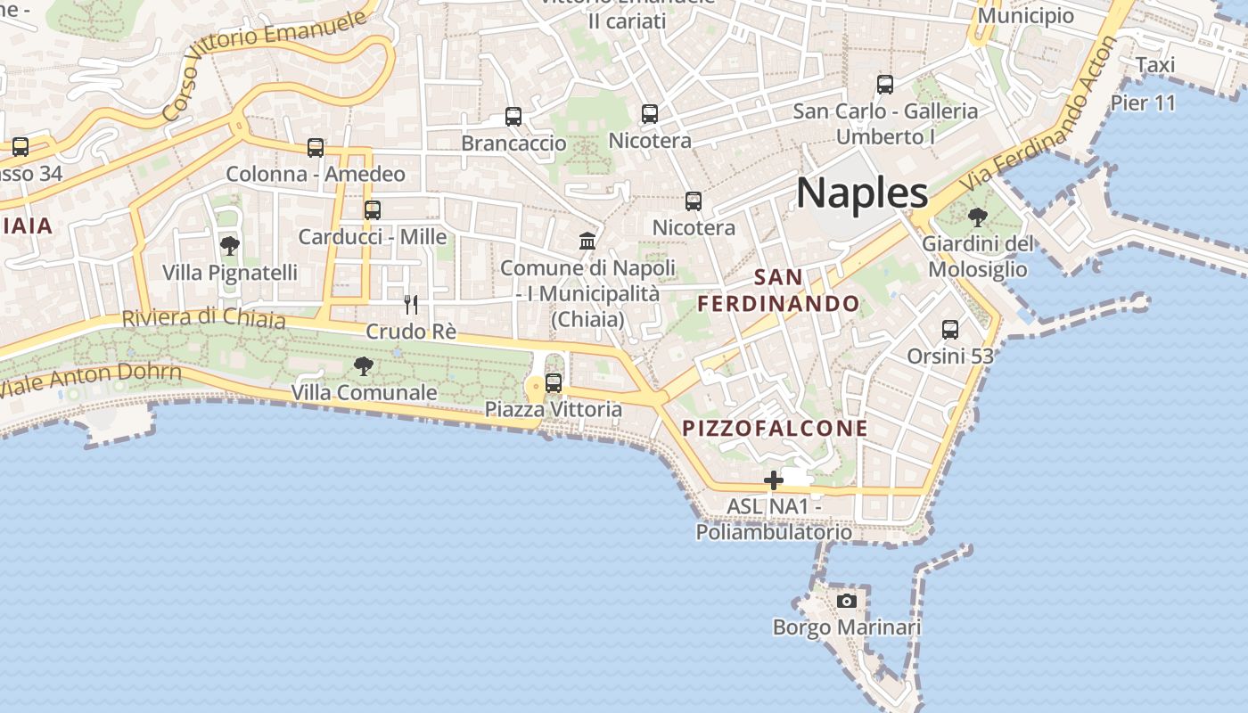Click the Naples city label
(x=862, y=193)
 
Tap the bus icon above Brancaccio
(x=513, y=117)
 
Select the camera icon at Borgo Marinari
(x=847, y=602)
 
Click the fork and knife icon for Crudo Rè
(x=411, y=305)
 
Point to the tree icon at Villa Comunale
(x=363, y=365)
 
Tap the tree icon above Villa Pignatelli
(x=230, y=246)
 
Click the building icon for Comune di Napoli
(x=587, y=241)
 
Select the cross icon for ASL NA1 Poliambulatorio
(x=773, y=481)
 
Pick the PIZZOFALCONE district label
(x=775, y=429)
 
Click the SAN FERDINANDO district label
(x=778, y=291)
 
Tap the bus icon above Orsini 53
(x=950, y=330)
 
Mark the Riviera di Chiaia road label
(x=203, y=318)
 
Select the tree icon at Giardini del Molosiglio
(x=978, y=217)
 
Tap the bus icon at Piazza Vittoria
(x=554, y=383)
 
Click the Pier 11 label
(x=1143, y=103)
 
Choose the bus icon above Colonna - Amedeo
(x=316, y=148)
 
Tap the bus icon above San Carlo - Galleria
(x=885, y=85)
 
